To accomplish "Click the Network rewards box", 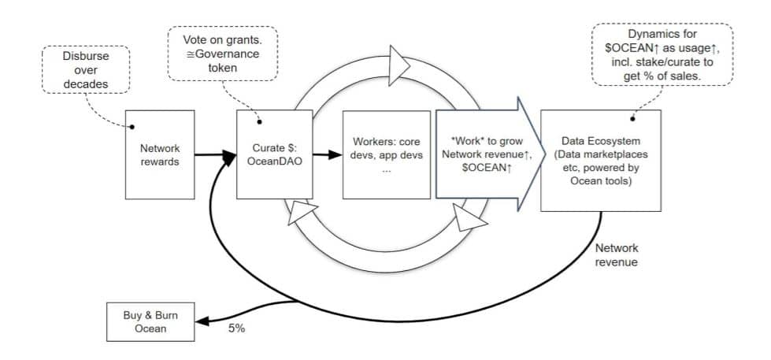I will [x=160, y=154].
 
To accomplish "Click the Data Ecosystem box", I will [x=600, y=160].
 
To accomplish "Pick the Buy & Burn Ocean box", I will [x=150, y=321].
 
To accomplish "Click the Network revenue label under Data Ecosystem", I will [x=617, y=255].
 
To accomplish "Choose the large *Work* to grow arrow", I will [x=480, y=154].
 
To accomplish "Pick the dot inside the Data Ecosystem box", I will [x=632, y=120].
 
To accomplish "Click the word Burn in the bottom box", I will [x=163, y=315].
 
